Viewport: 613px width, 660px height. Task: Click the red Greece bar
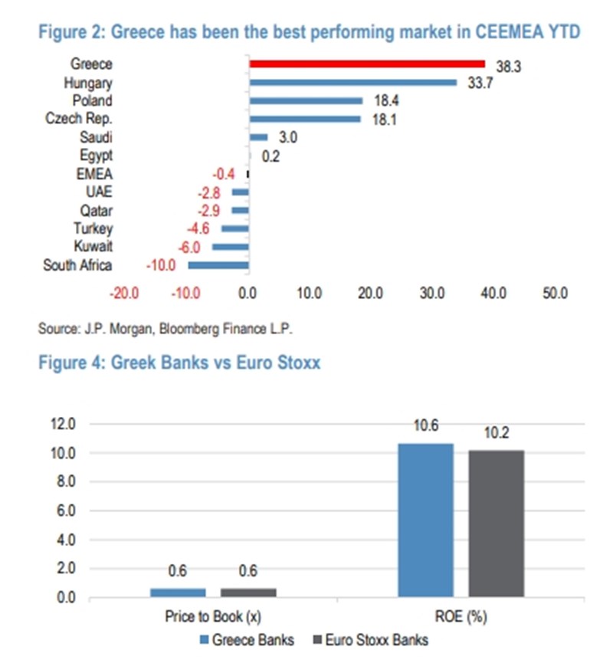coord(367,64)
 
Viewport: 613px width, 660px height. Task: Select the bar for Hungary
coord(353,83)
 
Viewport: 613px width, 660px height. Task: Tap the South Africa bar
coord(218,265)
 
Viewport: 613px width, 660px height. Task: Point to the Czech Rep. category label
coord(79,119)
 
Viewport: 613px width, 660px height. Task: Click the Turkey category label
coord(93,228)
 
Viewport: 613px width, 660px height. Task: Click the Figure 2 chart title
coord(309,31)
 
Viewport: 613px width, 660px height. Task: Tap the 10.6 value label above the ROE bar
coord(426,427)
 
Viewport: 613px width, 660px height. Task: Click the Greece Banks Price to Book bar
coord(178,593)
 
